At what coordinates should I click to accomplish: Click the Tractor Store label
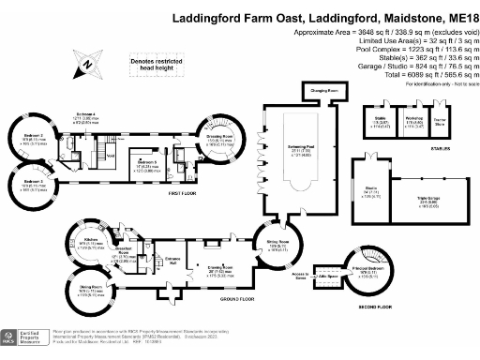439,119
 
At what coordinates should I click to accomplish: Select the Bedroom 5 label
142,161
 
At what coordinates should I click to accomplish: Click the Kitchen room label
92,240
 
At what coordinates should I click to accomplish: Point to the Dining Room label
91,291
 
